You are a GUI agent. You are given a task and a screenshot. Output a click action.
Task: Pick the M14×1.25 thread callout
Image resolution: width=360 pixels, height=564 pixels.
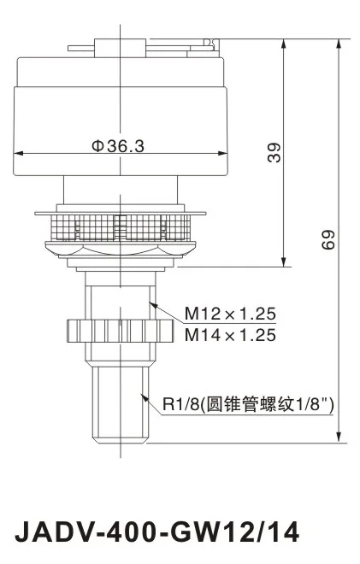pyautogui.click(x=230, y=335)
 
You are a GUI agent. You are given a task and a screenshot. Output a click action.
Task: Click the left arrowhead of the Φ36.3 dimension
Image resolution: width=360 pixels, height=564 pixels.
pyautogui.click(x=16, y=155)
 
